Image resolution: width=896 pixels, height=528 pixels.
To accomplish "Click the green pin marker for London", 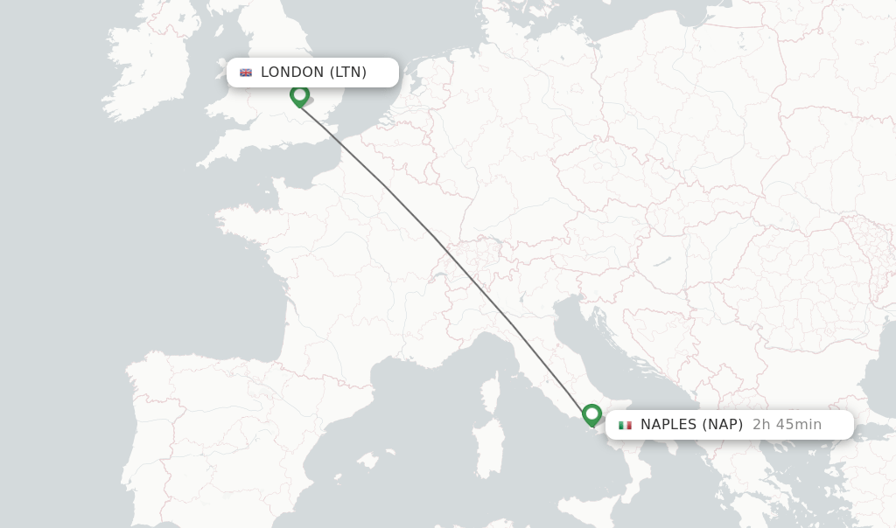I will point(300,95).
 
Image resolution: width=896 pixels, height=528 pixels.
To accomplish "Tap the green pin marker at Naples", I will point(592,414).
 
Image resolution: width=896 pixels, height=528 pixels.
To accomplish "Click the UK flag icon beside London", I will point(246,73).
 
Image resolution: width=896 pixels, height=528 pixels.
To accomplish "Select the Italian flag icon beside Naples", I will point(625,426).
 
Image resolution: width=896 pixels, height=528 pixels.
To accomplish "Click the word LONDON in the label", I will point(292,73).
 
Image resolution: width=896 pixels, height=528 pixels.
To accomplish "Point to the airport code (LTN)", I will point(348,73).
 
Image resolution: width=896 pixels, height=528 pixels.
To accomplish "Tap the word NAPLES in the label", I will point(668,425).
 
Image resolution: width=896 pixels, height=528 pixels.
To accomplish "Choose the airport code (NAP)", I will point(722,425).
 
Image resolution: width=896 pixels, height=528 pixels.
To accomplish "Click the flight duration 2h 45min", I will point(787,425).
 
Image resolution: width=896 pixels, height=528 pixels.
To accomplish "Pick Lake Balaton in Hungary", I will point(662,260).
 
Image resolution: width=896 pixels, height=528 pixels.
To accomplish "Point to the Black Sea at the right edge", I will point(879,376).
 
